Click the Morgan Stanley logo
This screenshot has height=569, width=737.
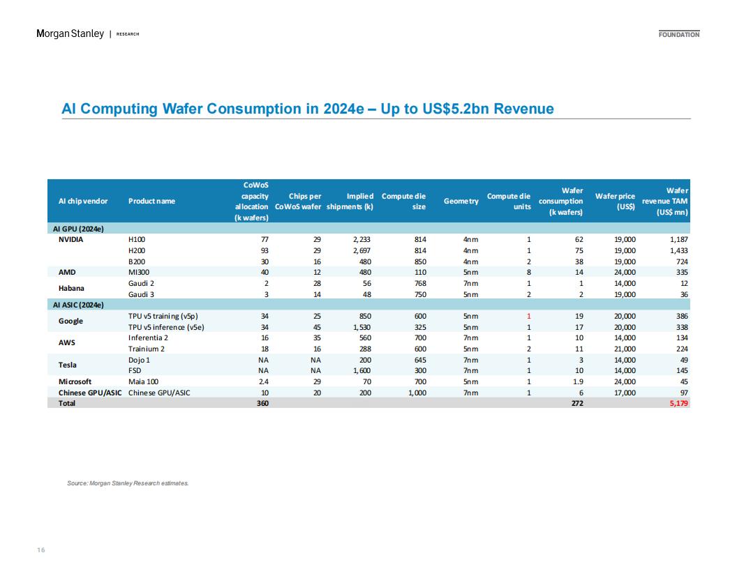point(70,33)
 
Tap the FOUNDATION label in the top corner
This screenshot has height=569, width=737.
point(678,34)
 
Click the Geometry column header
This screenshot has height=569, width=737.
point(461,201)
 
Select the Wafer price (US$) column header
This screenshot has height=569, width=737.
point(615,202)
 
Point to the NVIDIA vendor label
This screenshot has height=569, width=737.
point(70,239)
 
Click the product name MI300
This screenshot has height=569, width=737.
point(139,272)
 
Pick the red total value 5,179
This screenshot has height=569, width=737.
point(678,403)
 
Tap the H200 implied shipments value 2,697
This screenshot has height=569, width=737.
point(362,251)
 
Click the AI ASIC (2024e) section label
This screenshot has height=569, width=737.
point(78,305)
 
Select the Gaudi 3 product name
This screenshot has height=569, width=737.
point(141,295)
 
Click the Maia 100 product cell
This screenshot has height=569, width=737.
point(143,381)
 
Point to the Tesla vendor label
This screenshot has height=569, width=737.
point(67,365)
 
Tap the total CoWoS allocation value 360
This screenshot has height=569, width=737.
point(262,403)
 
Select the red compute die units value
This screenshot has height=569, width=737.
point(529,317)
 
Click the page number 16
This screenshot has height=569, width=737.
point(41,549)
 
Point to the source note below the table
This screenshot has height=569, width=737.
point(128,483)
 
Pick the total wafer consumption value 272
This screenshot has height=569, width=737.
point(577,403)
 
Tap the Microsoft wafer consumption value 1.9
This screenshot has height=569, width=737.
point(579,381)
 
